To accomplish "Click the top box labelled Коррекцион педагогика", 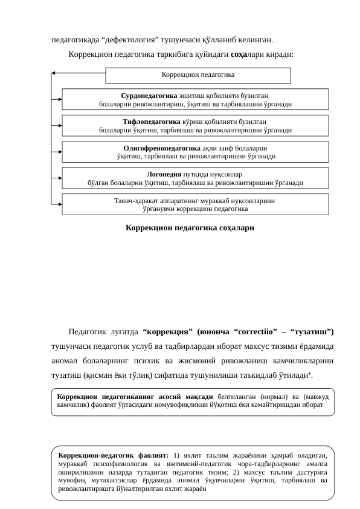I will click(x=198, y=74).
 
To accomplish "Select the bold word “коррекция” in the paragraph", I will click(x=167, y=332).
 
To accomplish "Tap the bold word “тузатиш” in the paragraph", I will click(x=312, y=332).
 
